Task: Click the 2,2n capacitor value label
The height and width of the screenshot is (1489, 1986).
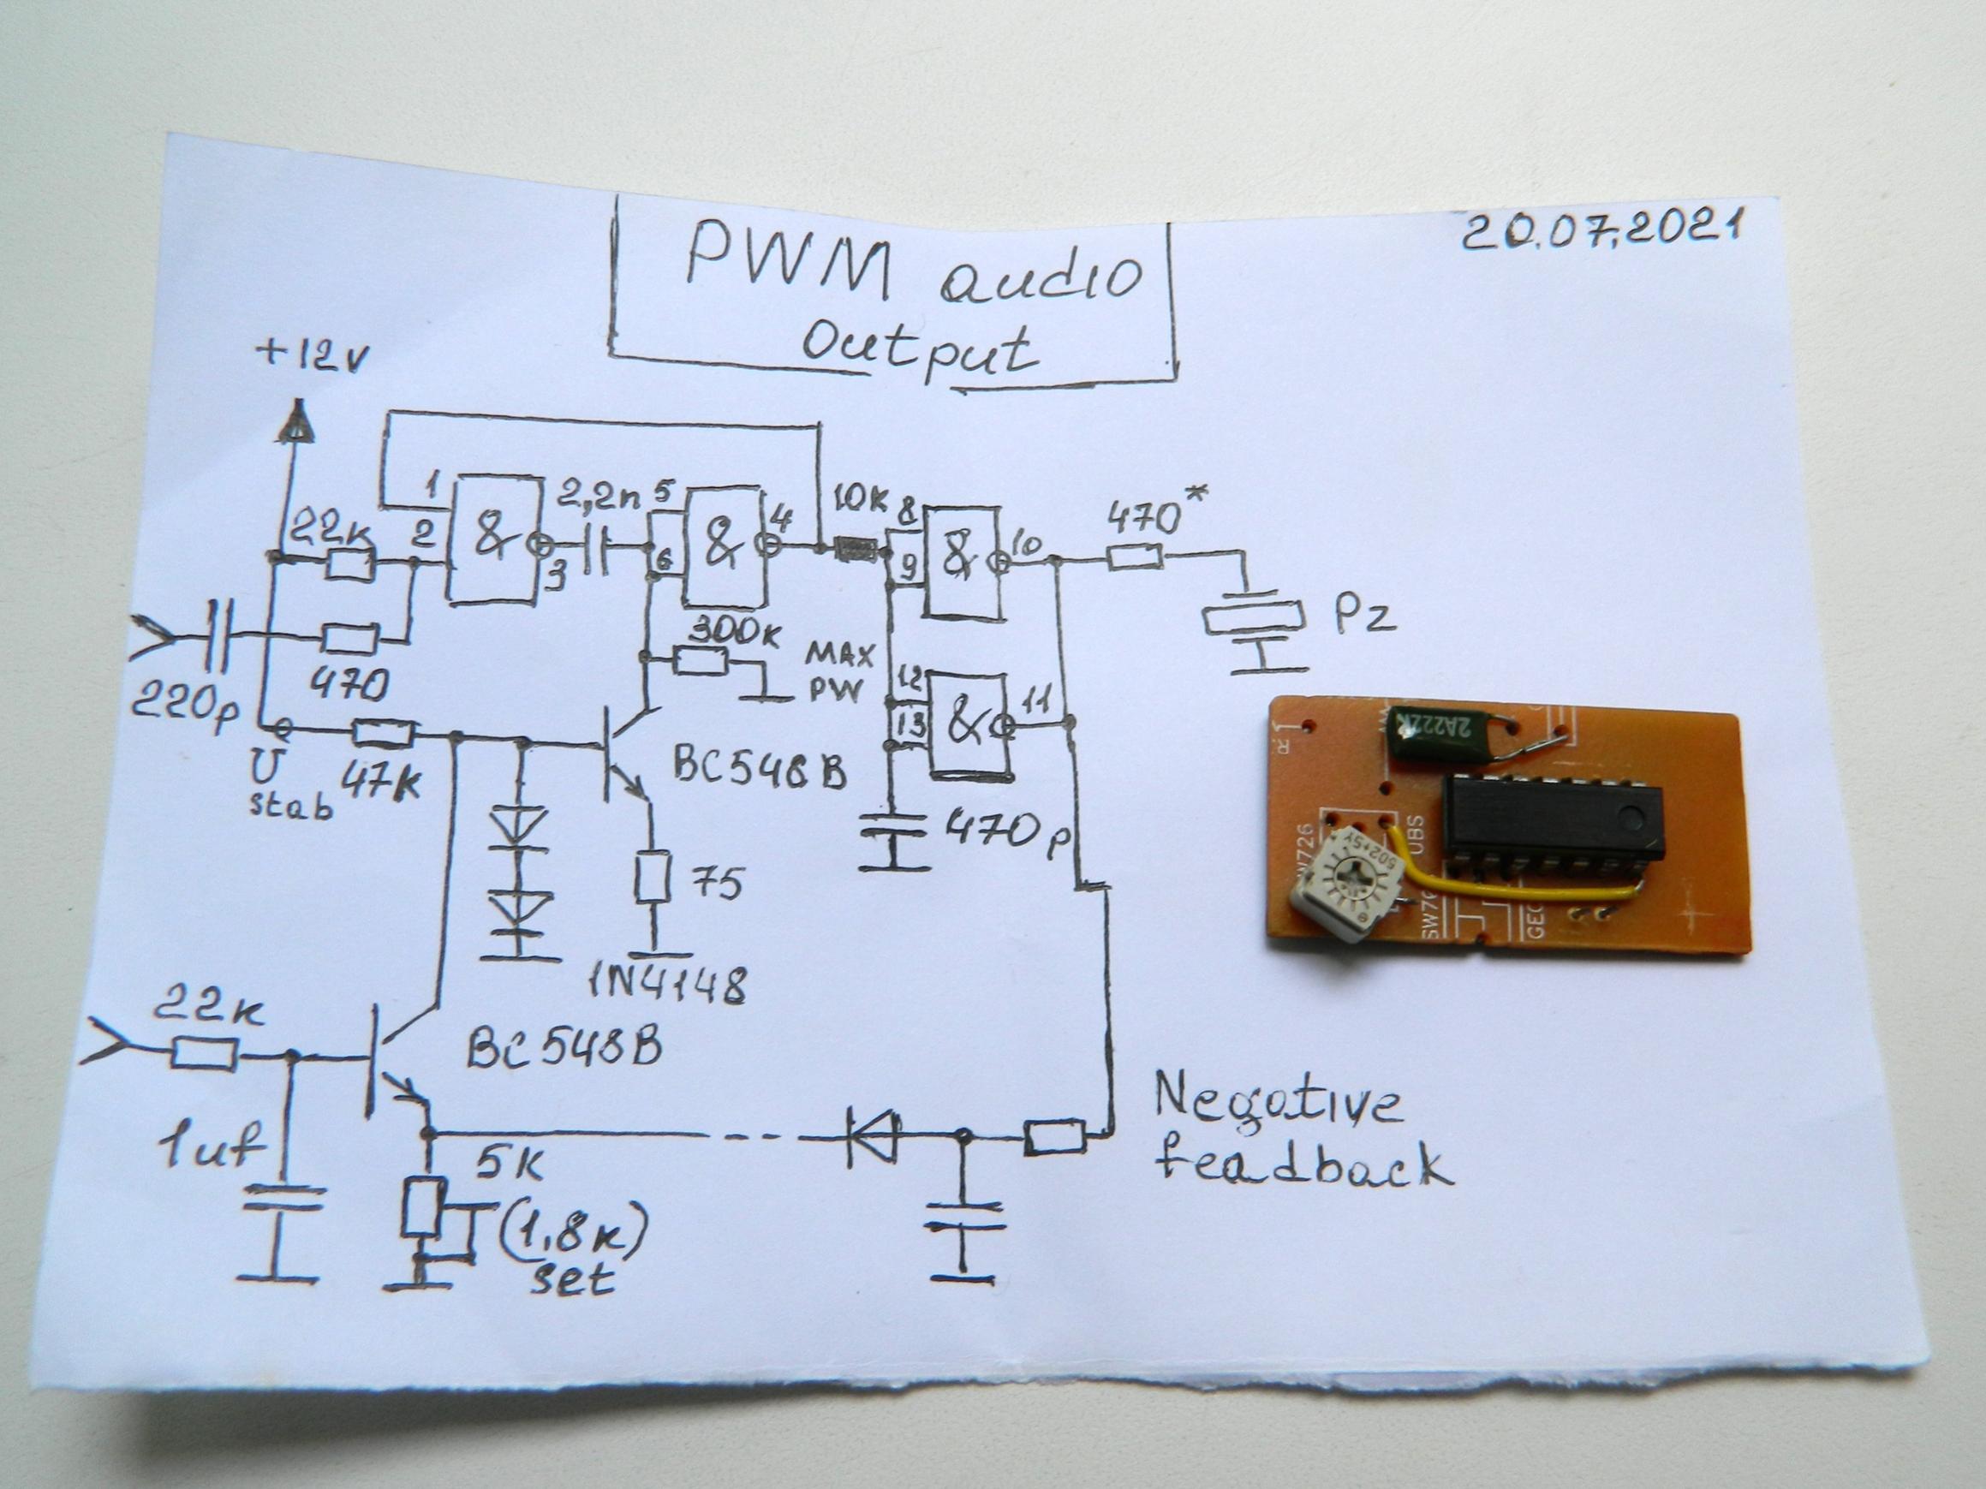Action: click(600, 495)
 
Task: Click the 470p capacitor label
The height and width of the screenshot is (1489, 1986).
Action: click(1005, 832)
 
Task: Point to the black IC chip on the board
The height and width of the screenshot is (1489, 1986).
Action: click(1553, 817)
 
